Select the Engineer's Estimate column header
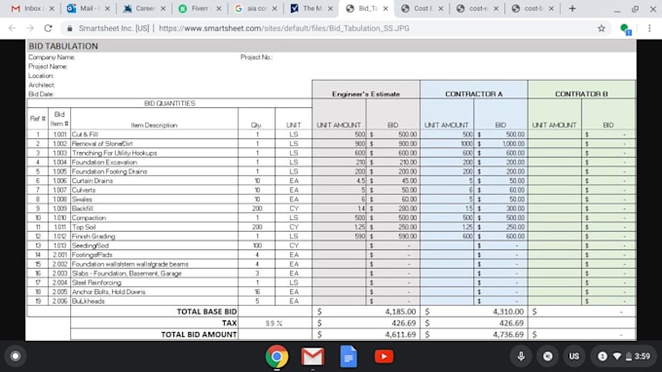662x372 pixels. (366, 93)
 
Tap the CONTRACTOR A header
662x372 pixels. (473, 93)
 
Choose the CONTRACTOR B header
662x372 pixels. (581, 93)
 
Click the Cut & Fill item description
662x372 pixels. (86, 134)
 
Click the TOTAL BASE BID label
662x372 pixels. (205, 311)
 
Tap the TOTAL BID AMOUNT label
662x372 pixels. (199, 333)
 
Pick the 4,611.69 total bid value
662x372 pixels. (396, 333)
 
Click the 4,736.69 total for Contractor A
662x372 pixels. (503, 333)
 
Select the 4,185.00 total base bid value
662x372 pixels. (396, 311)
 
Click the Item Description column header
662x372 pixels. (154, 125)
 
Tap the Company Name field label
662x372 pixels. (51, 57)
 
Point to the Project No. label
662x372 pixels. (256, 57)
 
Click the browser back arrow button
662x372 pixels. (12, 28)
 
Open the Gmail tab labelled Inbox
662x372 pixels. (27, 8)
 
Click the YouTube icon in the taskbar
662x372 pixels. (384, 356)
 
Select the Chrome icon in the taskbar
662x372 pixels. (276, 356)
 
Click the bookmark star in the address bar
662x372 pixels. (602, 28)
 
